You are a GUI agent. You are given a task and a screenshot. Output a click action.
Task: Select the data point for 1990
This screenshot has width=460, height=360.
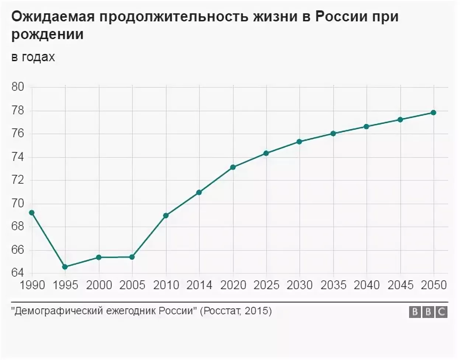[x=32, y=213]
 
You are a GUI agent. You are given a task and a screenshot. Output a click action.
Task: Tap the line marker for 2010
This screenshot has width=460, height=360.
[x=166, y=215]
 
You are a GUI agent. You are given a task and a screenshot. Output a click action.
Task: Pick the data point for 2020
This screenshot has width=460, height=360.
[x=233, y=167]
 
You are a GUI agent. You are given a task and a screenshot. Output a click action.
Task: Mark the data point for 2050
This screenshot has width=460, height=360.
[x=433, y=112]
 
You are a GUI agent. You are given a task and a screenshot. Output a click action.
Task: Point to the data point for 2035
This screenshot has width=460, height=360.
[x=333, y=133]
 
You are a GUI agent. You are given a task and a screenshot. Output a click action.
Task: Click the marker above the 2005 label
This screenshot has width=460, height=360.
[x=132, y=257]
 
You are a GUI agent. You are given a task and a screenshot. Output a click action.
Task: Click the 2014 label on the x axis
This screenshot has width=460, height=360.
[x=199, y=285]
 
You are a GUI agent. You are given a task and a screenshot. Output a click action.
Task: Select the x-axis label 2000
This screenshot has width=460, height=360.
[x=99, y=285]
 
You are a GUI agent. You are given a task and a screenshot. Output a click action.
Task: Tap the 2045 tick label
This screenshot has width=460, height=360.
[x=400, y=285]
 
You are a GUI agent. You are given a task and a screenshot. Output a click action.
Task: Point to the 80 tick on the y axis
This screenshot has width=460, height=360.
[x=18, y=87]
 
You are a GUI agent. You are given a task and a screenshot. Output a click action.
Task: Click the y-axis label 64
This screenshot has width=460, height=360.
[x=18, y=273]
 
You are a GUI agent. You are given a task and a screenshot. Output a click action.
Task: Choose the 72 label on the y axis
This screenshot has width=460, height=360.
[x=18, y=180]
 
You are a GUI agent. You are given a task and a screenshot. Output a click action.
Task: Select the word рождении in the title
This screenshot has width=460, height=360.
[x=48, y=35]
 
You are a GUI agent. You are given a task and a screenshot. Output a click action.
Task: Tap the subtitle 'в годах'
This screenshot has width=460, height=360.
[x=33, y=57]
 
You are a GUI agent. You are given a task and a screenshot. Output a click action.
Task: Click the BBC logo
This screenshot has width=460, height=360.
[x=428, y=312]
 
